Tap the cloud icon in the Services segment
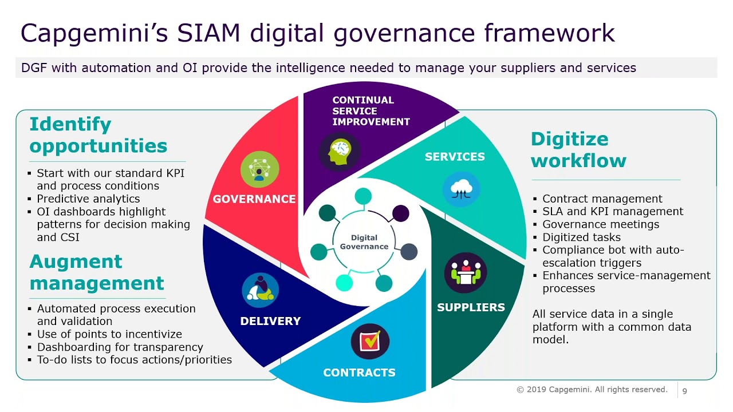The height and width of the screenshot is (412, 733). coord(461,188)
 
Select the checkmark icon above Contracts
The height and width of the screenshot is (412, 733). coord(370,342)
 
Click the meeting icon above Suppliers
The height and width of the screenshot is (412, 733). coord(466,273)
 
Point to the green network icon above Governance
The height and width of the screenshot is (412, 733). coord(260,169)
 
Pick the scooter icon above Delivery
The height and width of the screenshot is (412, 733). coord(260,290)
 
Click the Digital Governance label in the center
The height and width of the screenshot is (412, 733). coord(364,242)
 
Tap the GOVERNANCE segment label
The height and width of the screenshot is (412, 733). coord(254,199)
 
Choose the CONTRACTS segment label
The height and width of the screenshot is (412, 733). coord(359,373)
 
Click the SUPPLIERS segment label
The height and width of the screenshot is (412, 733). coord(471,307)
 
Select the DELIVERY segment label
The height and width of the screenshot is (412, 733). coord(270,321)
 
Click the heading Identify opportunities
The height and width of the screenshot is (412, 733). coord(98,135)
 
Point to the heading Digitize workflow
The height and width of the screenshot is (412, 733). coord(578,150)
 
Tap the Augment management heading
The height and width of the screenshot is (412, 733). coord(96,272)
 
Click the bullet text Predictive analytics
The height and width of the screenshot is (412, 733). coord(88,199)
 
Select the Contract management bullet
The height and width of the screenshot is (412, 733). coord(602,199)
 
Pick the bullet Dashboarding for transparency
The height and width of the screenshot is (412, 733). coord(120,347)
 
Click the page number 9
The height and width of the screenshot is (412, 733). coord(684,391)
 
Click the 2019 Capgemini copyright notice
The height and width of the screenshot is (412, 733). coord(592,390)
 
